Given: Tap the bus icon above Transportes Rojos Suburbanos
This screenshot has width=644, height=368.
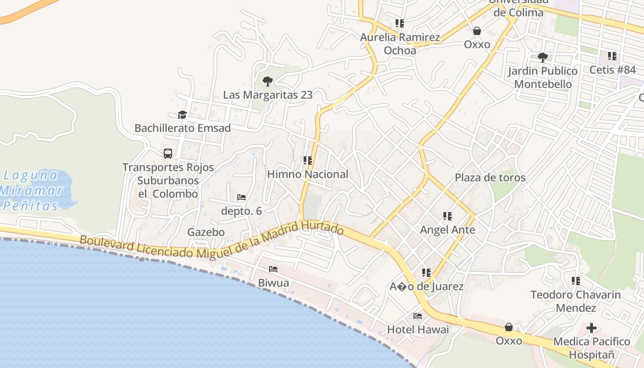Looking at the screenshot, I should point(168,153).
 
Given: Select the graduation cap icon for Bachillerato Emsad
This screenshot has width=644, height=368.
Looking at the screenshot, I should point(183,115).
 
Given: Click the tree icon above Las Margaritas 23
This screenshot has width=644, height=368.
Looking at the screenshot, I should point(267,82).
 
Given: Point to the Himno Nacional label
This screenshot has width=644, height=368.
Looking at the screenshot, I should point(308,174).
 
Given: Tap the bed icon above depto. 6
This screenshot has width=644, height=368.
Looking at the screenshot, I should point(241,197).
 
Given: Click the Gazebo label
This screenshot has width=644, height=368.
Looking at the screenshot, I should point(206,232).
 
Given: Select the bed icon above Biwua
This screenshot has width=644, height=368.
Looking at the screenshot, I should point(273,269).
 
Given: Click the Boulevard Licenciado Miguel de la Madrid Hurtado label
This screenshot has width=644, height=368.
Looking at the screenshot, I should point(212,241).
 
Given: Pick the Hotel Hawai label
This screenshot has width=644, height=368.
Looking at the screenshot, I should point(418,329).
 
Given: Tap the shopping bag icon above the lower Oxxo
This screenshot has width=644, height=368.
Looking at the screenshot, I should point(509,327).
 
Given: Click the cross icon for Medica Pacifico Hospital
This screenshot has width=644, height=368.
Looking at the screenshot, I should point(592,328).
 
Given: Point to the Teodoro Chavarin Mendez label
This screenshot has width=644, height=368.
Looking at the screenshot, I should point(575,301).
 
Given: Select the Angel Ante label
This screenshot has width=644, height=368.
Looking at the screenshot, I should point(448,230).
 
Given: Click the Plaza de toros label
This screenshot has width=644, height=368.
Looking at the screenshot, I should point(490,178).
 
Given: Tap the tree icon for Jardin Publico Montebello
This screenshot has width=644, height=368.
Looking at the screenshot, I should point(543,57).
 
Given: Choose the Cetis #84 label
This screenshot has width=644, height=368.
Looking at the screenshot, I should point(612,70).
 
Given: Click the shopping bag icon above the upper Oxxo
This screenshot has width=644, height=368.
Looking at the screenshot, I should point(477,31).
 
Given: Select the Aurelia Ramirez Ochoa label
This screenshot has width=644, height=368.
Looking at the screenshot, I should point(400,44).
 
